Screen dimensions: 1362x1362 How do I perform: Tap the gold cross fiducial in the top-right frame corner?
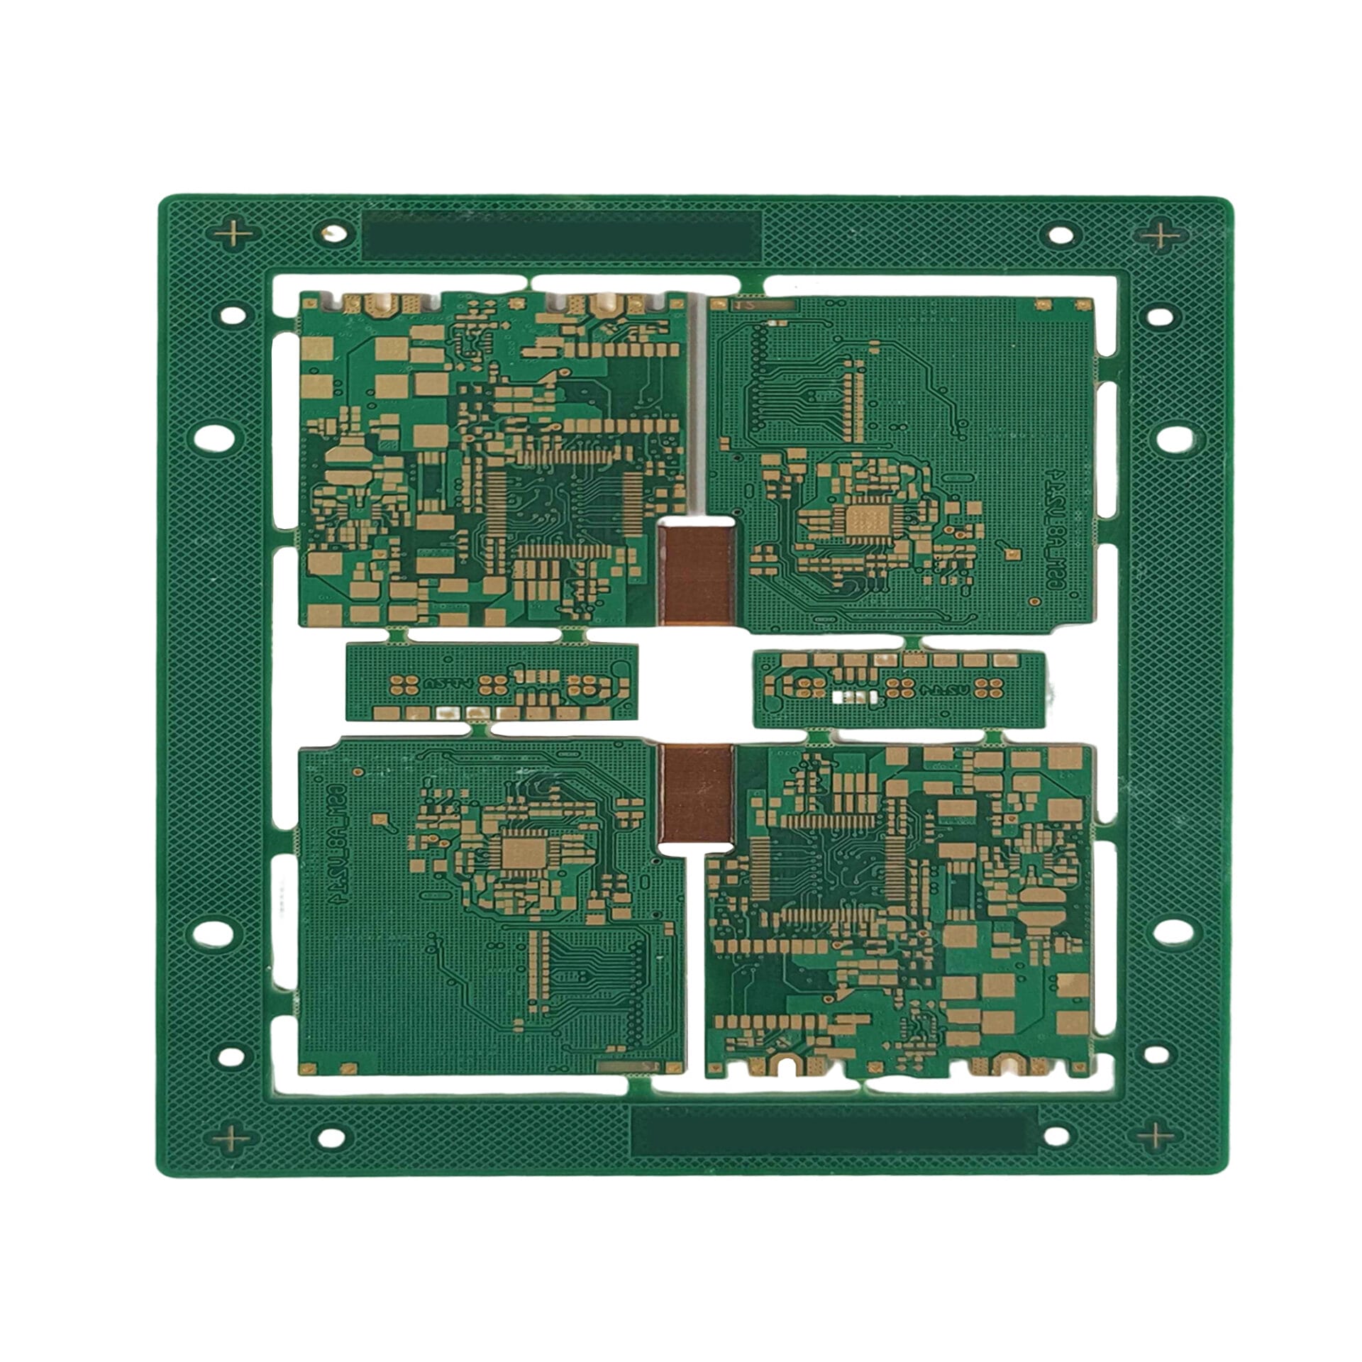coord(1161,235)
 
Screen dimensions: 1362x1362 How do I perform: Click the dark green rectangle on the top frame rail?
coord(562,235)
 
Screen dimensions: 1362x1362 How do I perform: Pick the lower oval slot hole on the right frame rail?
coord(1173,931)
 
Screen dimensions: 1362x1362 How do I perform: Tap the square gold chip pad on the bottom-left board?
coord(522,852)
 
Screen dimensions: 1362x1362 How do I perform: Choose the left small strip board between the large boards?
coord(491,682)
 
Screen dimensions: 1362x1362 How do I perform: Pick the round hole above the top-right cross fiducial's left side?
coord(1061,234)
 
